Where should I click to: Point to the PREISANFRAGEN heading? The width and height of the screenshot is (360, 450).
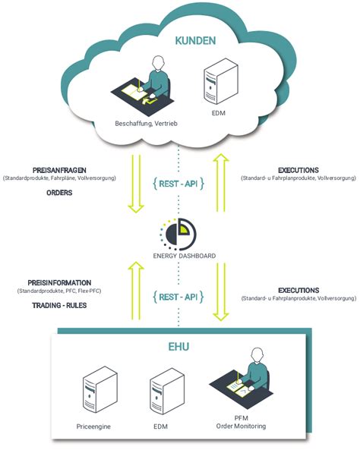coord(58,170)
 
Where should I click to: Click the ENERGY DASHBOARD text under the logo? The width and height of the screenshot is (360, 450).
coord(180,256)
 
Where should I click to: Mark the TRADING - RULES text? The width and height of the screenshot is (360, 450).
coord(49,304)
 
